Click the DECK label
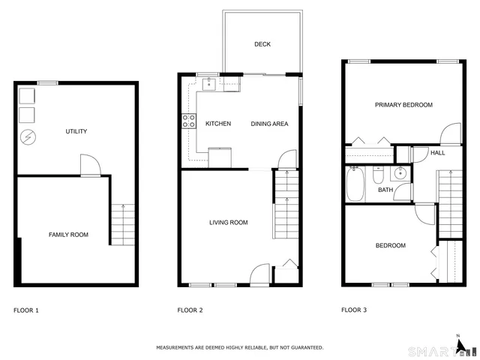pos(262,44)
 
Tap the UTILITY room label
pos(76,132)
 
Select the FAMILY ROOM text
pos(68,235)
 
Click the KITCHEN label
pos(218,124)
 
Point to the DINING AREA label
pos(269,124)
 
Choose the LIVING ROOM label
pos(228,223)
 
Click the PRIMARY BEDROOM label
pos(403,106)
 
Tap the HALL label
pos(438,153)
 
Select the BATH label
pos(385,190)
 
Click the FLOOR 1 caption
pos(26,310)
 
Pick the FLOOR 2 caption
pos(190,310)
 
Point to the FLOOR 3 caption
pos(354,310)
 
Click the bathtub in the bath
pos(355,184)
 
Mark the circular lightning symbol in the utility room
pos(27,137)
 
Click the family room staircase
pos(120,223)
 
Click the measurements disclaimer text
pos(240,347)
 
